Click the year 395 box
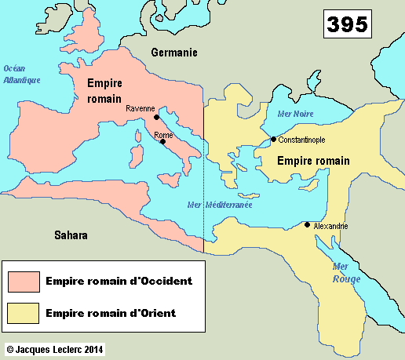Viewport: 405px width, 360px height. pos(346,24)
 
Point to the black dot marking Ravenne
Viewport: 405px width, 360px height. pos(157,118)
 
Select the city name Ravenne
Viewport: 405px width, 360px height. pos(140,110)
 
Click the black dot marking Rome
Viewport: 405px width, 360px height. pos(162,142)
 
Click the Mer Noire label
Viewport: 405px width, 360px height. pos(295,114)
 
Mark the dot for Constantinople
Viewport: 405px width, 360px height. pos(273,140)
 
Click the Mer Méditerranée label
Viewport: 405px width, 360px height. pos(221,205)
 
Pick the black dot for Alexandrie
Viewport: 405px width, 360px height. pos(307,225)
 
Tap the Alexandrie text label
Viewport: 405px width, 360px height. pos(330,226)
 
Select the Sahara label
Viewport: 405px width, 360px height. pos(71,235)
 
